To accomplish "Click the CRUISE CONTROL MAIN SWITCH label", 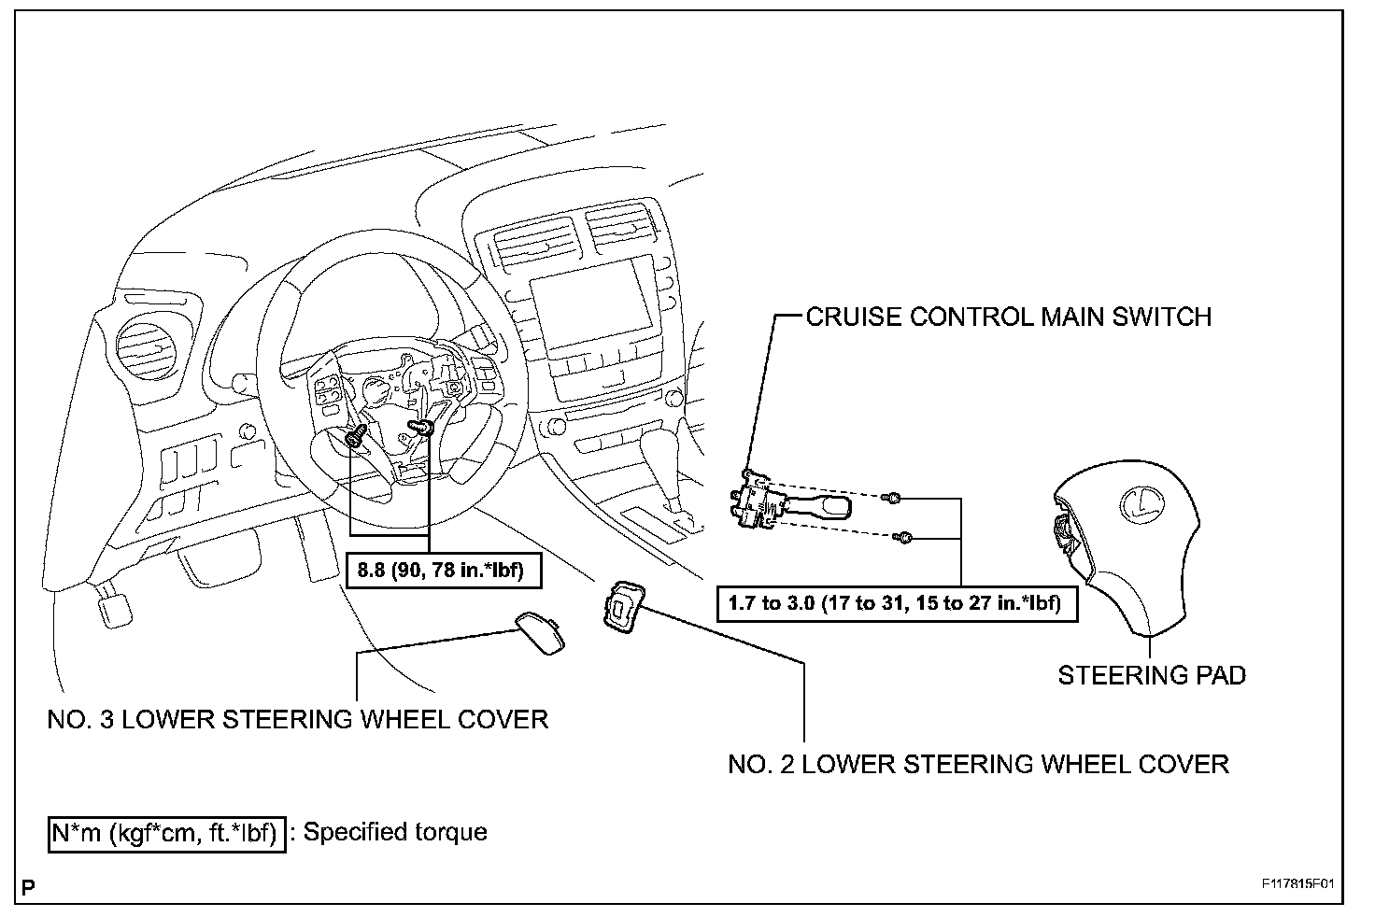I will pyautogui.click(x=1008, y=317).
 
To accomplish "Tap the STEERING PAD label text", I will pyautogui.click(x=1151, y=674).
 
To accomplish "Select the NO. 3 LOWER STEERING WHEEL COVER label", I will pyautogui.click(x=298, y=719).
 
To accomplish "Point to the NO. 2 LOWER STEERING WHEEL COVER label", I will pyautogui.click(x=978, y=764).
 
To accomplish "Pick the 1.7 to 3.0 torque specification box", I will pyautogui.click(x=896, y=603).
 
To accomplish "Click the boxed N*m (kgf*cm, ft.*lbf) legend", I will pyautogui.click(x=166, y=832).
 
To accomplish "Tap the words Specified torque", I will pyautogui.click(x=395, y=832).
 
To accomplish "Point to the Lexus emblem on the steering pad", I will pyautogui.click(x=1139, y=504).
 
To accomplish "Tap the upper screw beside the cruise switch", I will pyautogui.click(x=894, y=498).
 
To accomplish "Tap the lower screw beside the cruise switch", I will pyautogui.click(x=903, y=537).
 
